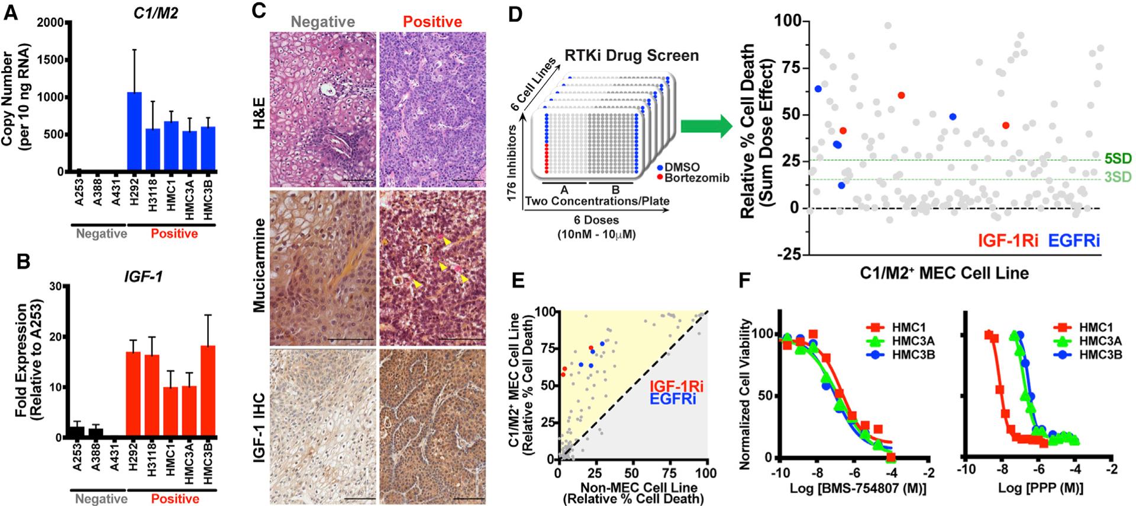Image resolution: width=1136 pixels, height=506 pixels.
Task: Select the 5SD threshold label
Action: coord(1117,159)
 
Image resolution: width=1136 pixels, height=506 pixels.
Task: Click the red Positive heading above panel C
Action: coord(433,22)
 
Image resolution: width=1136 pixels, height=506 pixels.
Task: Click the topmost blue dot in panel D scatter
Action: coord(818,89)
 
